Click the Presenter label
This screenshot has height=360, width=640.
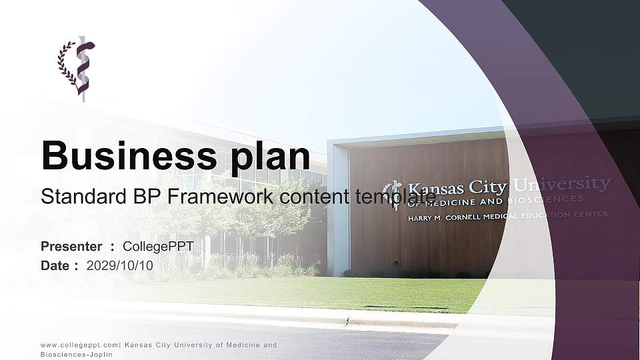[71, 247]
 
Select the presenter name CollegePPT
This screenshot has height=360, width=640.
[158, 247]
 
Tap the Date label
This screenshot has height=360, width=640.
[55, 265]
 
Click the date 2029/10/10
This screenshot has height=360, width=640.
[120, 265]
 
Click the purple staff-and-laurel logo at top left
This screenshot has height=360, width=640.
[77, 67]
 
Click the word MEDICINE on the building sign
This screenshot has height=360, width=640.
[445, 202]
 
